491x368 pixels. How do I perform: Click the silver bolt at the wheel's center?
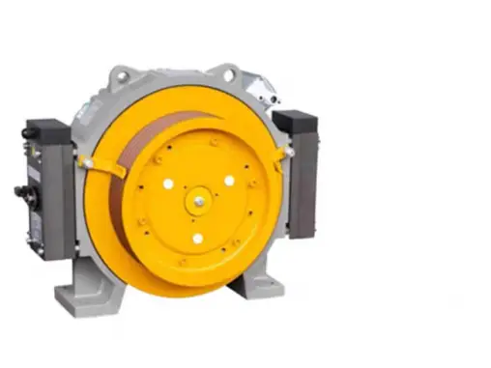tap(198, 202)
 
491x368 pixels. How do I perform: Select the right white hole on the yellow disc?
tap(229, 180)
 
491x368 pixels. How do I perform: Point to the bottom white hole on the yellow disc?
tap(197, 238)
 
